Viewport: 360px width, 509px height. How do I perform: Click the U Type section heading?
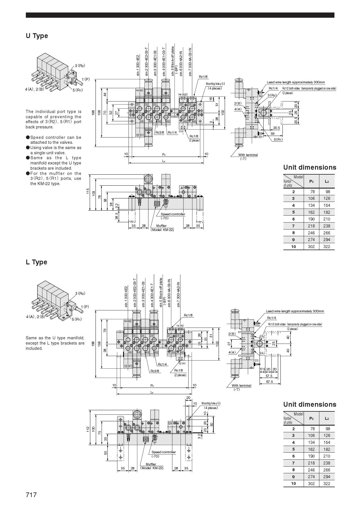pyautogui.click(x=37, y=36)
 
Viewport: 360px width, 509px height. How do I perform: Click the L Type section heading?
pyautogui.click(x=36, y=262)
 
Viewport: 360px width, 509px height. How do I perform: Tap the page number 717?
pyautogui.click(x=31, y=494)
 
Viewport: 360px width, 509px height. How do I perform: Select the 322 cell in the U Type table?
pyautogui.click(x=327, y=247)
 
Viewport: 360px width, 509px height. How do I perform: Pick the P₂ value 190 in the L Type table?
pyautogui.click(x=311, y=456)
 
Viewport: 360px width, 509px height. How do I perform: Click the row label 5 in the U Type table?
pyautogui.click(x=293, y=212)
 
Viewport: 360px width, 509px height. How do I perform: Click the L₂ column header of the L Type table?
pyautogui.click(x=327, y=418)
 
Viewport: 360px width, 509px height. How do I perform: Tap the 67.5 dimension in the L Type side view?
pyautogui.click(x=269, y=381)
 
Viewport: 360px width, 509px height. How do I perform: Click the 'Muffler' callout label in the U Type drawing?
pyautogui.click(x=161, y=226)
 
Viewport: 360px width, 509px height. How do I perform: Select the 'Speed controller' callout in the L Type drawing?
pyautogui.click(x=163, y=452)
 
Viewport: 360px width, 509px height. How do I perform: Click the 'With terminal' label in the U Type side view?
pyautogui.click(x=248, y=155)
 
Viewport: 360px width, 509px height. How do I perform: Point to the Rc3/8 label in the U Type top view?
pyautogui.click(x=159, y=132)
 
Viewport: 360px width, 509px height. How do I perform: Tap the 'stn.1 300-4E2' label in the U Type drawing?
pyautogui.click(x=138, y=65)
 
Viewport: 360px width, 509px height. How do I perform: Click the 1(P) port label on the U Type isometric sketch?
pyautogui.click(x=86, y=79)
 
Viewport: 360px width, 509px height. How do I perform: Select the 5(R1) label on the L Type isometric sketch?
pyautogui.click(x=77, y=320)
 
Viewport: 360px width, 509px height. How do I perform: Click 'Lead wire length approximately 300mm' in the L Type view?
pyautogui.click(x=295, y=311)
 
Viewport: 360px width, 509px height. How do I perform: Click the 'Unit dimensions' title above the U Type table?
pyautogui.click(x=309, y=167)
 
